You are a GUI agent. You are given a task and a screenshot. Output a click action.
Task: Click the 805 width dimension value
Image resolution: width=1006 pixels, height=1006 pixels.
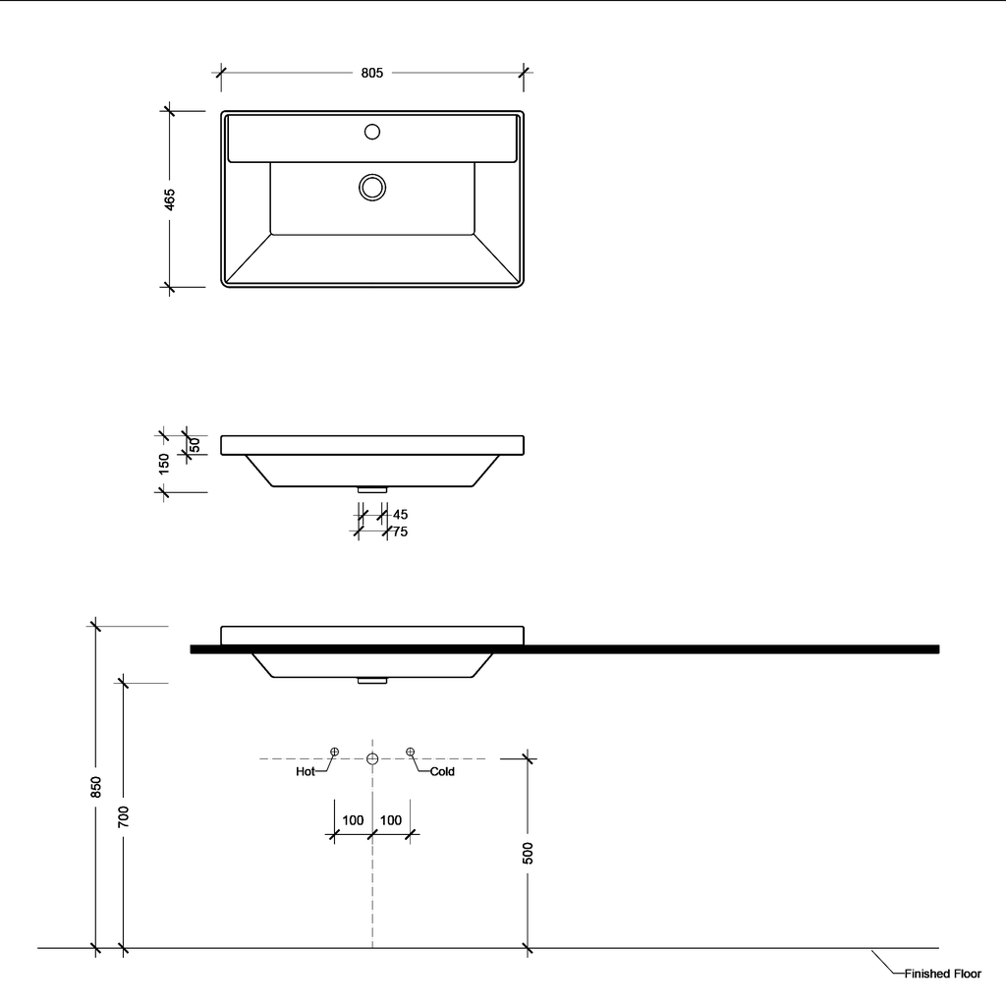[x=371, y=72]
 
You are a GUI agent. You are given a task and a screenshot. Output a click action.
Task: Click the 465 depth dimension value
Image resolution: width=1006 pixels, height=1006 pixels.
[x=169, y=199]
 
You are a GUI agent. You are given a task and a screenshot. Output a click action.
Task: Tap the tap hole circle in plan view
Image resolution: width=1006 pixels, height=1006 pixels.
[x=372, y=131]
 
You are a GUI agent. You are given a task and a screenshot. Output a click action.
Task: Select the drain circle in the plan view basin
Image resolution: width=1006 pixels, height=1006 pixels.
[x=372, y=187]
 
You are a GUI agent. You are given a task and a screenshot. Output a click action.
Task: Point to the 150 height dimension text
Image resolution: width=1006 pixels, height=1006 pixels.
[x=164, y=463]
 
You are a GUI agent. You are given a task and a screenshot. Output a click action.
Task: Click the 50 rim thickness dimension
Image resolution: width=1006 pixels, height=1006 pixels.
[x=195, y=445]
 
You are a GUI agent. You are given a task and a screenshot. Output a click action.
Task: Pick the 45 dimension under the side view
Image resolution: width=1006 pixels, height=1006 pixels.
[x=400, y=514]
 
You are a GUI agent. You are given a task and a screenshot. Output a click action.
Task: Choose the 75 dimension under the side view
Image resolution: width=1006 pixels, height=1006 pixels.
[x=400, y=531]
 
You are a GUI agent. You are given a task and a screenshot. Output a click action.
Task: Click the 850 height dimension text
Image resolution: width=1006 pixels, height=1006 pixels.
[x=95, y=787]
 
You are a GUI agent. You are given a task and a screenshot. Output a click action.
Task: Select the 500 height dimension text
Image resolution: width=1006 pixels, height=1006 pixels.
[x=528, y=853]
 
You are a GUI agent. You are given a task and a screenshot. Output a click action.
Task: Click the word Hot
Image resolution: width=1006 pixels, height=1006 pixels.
[x=306, y=772]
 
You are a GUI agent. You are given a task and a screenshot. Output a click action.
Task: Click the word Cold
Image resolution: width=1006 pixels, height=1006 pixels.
[x=442, y=772]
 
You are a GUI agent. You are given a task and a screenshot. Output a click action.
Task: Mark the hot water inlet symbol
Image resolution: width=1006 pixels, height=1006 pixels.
[x=334, y=752]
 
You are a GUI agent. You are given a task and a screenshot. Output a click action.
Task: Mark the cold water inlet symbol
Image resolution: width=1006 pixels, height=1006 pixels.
[x=411, y=752]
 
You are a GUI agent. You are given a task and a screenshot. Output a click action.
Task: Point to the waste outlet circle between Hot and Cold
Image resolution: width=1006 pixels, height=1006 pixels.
[x=372, y=758]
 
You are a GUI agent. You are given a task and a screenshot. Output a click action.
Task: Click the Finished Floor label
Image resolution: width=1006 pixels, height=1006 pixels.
[x=942, y=974]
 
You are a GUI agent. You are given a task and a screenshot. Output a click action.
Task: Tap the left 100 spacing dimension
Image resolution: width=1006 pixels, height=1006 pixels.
[x=353, y=820]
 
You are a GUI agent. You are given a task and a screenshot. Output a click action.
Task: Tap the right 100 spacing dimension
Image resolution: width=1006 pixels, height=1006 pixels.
[x=390, y=820]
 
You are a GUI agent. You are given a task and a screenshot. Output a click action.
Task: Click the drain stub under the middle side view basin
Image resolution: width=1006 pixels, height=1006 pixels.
[x=372, y=489]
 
